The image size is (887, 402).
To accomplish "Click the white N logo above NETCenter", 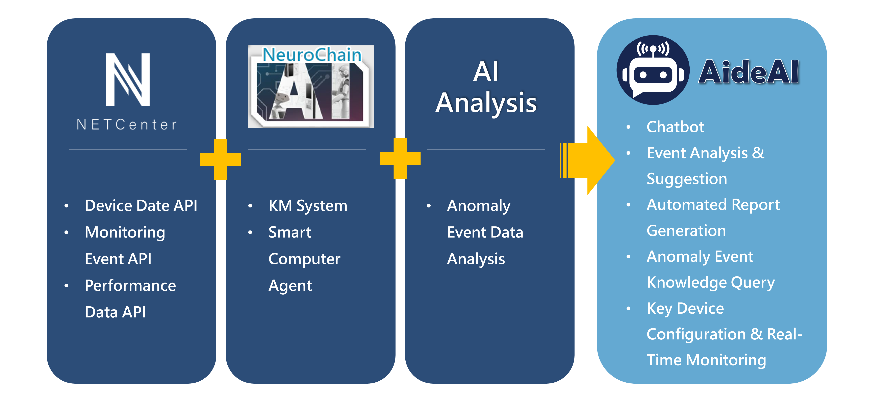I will click(128, 80).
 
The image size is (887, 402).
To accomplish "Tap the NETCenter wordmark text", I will click(127, 125).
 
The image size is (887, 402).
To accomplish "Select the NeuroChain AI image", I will click(311, 87).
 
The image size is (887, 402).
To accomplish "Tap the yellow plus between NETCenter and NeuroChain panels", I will click(220, 159).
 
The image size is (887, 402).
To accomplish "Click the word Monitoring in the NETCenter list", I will click(125, 232).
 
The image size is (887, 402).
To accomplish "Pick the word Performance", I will click(130, 286).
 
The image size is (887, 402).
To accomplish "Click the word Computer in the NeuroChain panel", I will click(304, 259).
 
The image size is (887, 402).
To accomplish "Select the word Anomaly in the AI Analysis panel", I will click(478, 206).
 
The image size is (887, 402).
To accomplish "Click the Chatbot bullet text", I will click(675, 127).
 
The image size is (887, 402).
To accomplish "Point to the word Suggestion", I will click(687, 179).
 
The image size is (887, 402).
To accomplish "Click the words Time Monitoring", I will click(706, 360).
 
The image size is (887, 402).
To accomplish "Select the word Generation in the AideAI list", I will click(686, 231).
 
